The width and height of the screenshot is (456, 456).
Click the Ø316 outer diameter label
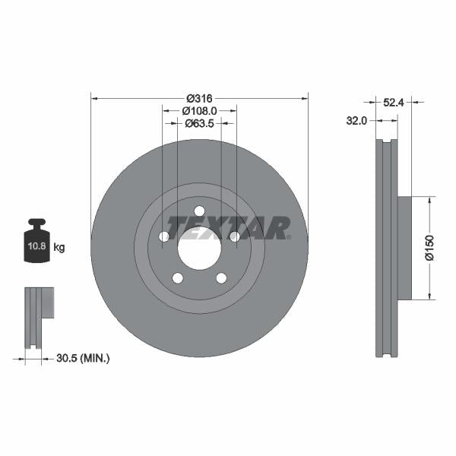[199, 98]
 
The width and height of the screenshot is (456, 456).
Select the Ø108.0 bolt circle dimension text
[199, 110]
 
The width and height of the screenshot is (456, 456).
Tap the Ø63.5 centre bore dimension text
[199, 123]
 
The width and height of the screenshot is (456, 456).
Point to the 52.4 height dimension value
[393, 100]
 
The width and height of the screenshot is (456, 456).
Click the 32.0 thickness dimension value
[357, 120]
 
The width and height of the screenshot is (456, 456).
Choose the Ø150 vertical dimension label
[430, 248]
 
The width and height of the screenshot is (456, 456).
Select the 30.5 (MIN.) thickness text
[84, 357]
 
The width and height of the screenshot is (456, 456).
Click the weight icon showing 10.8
[36, 243]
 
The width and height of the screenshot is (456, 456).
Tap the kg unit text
[59, 247]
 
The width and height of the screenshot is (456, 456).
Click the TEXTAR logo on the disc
[228, 227]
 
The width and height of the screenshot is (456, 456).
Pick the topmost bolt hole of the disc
[199, 211]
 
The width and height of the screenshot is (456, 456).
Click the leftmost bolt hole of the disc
[164, 237]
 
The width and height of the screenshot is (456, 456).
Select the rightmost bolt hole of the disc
[234, 237]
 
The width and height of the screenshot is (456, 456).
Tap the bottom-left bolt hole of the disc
[177, 277]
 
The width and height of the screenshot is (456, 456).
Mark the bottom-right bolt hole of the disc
[221, 277]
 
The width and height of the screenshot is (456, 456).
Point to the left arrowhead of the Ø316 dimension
[94, 98]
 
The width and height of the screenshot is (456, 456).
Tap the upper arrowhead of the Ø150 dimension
[430, 200]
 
